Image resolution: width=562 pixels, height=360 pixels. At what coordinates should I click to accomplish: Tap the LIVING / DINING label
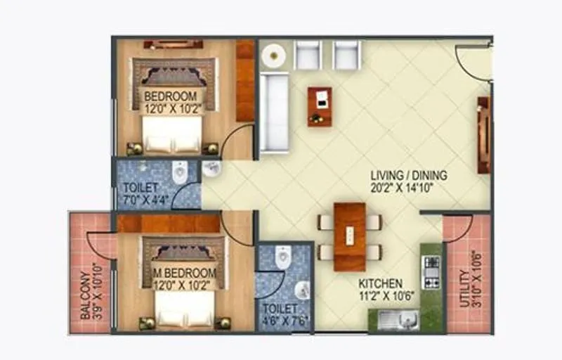coord(410,175)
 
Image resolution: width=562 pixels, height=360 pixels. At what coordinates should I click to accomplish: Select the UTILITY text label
coord(463,290)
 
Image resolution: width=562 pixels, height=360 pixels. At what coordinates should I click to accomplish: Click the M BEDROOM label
coord(184,273)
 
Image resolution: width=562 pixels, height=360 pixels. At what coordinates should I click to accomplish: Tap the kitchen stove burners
coord(431,271)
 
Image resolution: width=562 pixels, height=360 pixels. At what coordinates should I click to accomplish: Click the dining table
coord(349,236)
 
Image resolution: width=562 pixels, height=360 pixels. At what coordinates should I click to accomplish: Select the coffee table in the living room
coord(320,106)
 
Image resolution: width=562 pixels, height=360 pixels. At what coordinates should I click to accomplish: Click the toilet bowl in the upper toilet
coord(180,172)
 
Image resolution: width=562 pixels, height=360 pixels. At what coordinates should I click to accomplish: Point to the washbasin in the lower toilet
coord(302,290)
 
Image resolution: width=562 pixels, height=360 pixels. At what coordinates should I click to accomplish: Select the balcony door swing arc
coord(98,246)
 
